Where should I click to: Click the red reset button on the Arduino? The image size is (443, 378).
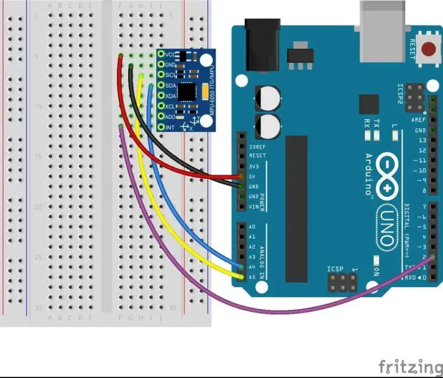428,50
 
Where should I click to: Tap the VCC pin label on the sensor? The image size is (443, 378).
171,54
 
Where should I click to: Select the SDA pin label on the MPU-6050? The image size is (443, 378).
171,85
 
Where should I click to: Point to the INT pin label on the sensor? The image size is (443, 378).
170,127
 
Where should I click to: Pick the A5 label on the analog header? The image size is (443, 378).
252,277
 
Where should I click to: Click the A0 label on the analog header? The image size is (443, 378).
252,227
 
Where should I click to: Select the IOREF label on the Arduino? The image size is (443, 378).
258,147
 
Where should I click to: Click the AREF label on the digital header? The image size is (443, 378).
419,120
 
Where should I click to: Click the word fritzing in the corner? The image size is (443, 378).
410,367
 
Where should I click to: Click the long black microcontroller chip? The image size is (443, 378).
297,209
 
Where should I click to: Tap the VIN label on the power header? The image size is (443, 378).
253,207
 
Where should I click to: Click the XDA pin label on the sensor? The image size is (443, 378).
171,96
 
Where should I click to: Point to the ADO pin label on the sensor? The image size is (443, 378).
171,117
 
